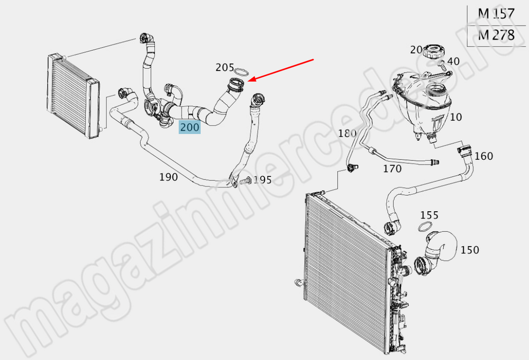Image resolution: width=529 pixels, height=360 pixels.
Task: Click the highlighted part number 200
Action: tap(189, 128)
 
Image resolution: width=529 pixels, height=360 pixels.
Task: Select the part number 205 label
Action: tap(225, 68)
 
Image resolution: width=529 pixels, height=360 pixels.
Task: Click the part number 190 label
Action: tap(168, 177)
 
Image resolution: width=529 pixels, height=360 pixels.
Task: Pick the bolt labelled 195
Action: tap(245, 182)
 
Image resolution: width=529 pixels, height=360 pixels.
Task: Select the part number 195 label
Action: tap(262, 180)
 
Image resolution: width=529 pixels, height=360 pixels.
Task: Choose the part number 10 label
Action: tap(456, 117)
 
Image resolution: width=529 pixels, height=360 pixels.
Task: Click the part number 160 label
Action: tap(484, 156)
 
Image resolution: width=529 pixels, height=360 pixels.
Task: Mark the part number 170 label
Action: tap(392, 168)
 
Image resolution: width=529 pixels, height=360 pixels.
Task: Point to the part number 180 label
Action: tap(347, 133)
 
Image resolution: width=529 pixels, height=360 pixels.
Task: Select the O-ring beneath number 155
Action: tap(425, 227)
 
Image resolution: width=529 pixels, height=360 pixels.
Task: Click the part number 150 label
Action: tap(470, 250)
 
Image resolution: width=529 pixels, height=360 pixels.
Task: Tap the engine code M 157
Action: tap(496, 14)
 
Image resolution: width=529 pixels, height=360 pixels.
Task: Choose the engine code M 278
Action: tap(496, 35)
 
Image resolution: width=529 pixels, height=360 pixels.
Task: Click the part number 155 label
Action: tap(429, 215)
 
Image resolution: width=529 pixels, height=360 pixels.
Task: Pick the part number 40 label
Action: tap(453, 61)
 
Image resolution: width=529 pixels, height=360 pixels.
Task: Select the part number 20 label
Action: tap(416, 50)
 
